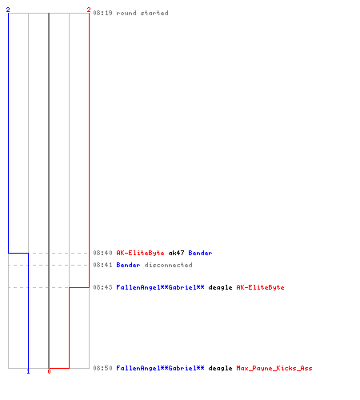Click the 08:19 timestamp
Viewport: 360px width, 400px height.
click(x=102, y=13)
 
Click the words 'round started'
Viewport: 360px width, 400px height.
click(x=142, y=13)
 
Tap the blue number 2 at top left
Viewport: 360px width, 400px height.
click(x=8, y=10)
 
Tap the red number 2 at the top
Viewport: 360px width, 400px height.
click(x=89, y=10)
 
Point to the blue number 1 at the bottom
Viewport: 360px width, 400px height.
click(x=28, y=371)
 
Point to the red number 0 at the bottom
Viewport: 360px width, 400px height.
click(x=49, y=371)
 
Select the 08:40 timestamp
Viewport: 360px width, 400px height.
click(x=102, y=253)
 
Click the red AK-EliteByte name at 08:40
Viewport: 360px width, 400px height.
click(x=140, y=253)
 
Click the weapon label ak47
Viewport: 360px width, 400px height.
click(x=176, y=253)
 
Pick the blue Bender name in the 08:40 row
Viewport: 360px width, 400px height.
click(x=200, y=253)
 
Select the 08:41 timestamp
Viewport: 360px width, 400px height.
click(x=102, y=265)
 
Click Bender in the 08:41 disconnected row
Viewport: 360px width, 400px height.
click(x=128, y=265)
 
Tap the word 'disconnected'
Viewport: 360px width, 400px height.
click(x=168, y=265)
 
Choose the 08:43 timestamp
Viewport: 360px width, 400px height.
click(x=102, y=287)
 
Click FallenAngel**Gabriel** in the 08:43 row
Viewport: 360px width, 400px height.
click(x=160, y=287)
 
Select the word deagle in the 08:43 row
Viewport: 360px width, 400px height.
click(x=220, y=287)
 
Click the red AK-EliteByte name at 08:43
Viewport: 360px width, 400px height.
click(x=260, y=287)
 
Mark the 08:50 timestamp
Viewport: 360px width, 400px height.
click(x=102, y=368)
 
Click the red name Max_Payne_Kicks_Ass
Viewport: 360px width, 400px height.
click(x=274, y=368)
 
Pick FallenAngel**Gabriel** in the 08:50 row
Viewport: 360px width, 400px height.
click(x=160, y=368)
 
